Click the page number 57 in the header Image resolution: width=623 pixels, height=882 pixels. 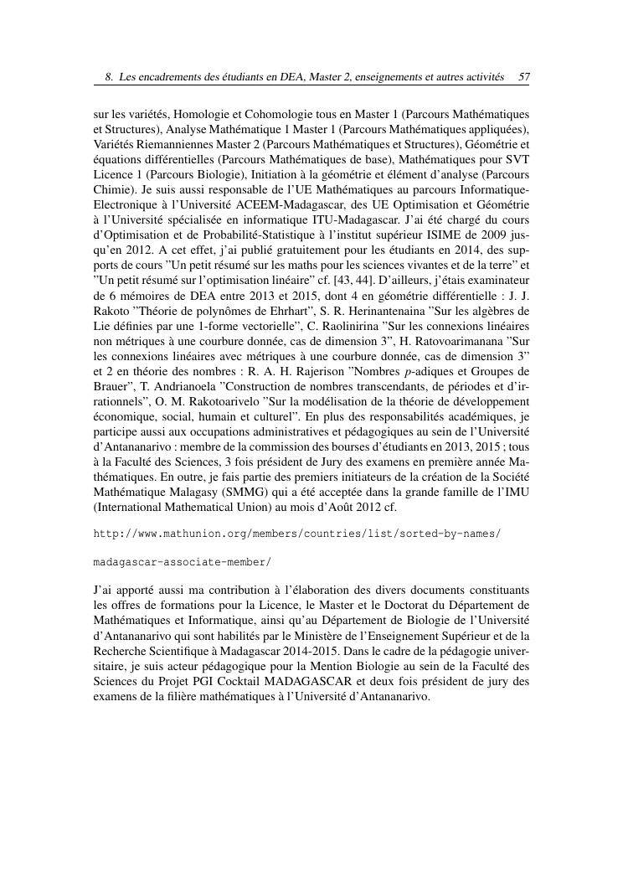click(x=524, y=77)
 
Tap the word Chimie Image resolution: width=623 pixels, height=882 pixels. click(x=111, y=187)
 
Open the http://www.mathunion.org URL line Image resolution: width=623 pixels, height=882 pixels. click(x=297, y=532)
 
